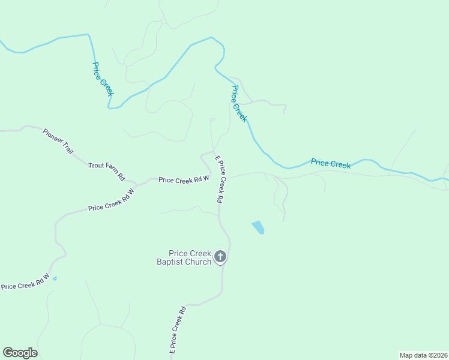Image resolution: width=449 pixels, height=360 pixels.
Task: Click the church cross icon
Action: click(x=220, y=257)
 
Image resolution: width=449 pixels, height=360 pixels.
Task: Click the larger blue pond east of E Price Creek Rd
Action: click(x=258, y=227)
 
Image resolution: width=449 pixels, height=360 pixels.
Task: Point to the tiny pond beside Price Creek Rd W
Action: click(x=55, y=278)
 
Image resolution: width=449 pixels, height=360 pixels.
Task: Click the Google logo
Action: click(x=20, y=353)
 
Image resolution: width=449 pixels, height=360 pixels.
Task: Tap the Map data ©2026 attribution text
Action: click(x=423, y=355)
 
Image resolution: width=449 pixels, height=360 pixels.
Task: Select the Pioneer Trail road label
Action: click(x=58, y=142)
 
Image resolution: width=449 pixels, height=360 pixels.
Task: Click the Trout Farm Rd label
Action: click(x=106, y=172)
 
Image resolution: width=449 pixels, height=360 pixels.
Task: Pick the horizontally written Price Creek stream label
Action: click(x=330, y=163)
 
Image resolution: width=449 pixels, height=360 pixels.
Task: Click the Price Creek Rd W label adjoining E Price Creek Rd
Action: click(x=183, y=179)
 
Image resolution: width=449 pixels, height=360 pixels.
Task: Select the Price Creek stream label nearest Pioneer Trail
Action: click(x=102, y=79)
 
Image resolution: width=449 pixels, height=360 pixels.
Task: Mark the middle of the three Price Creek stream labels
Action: click(x=239, y=103)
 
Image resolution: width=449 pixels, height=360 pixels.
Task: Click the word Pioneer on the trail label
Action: click(x=52, y=136)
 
